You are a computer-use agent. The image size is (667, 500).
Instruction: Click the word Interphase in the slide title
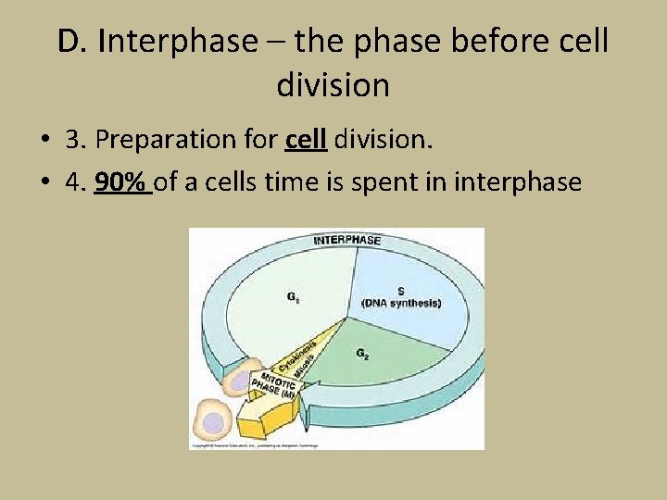coord(176,42)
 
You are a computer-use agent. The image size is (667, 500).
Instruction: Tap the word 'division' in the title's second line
coord(333,85)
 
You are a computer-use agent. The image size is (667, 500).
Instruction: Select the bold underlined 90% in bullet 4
coord(122,182)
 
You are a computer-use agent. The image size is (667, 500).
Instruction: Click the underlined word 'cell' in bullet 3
coord(306,139)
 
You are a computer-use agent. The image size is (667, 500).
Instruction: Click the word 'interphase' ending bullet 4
coord(518,182)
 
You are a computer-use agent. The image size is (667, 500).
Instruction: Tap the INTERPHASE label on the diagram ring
coord(346,241)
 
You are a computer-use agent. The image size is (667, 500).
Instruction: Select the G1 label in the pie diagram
coord(293,298)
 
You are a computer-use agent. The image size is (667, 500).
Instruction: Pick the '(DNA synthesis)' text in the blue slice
coord(401,304)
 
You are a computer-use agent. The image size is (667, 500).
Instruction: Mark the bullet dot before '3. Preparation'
coord(44,140)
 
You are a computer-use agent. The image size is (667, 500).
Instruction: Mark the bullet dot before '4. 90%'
coord(44,182)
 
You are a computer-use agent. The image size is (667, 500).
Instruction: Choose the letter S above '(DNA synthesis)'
coord(400,289)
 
